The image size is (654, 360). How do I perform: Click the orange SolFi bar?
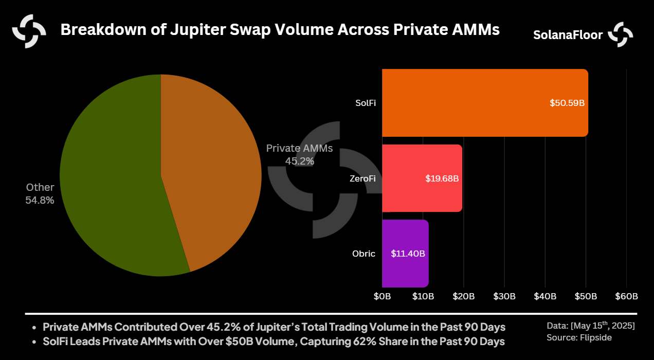point(463,103)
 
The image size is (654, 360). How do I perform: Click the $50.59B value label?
point(567,103)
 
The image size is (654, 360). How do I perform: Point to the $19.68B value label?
point(442,178)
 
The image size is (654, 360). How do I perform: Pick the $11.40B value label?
point(408,254)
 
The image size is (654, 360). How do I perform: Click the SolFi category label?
point(366,103)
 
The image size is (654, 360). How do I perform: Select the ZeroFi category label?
point(363,178)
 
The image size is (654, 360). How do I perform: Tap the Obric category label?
point(364,254)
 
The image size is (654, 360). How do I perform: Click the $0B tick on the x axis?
point(382,297)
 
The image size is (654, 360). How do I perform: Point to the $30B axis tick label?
point(504,297)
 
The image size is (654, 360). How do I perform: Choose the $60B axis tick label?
point(627,297)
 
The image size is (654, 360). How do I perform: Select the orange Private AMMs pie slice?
point(211,170)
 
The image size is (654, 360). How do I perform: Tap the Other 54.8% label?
point(40,194)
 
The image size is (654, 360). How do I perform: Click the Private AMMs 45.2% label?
point(300,154)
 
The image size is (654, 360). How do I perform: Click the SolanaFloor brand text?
point(568,35)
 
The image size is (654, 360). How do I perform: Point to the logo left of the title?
point(29,31)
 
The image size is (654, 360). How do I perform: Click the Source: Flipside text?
point(579,337)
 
